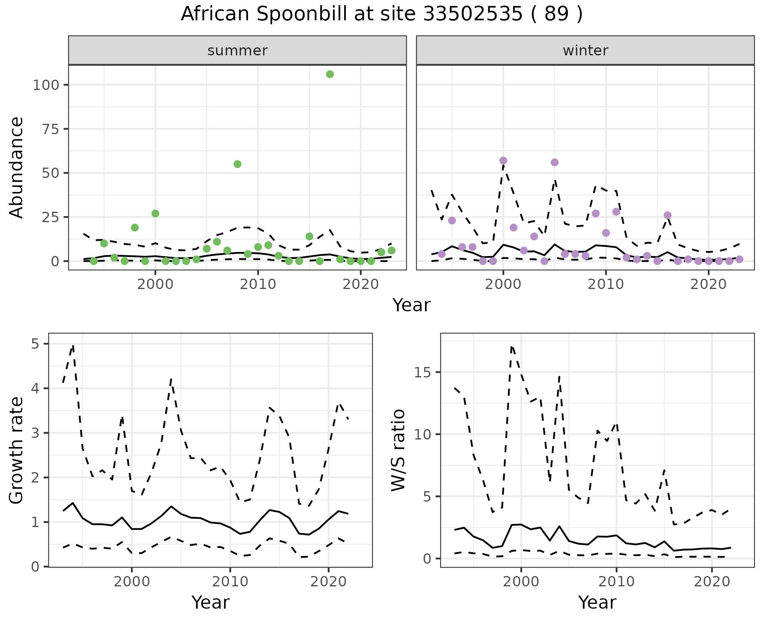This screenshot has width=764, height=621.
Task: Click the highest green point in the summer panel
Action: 329,74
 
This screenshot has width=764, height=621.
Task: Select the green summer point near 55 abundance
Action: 238,164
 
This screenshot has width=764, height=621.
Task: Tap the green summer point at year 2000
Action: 155,213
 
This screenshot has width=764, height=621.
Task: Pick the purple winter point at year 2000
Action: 503,160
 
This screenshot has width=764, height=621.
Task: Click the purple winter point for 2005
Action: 554,162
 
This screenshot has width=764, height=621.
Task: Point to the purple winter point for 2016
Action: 667,215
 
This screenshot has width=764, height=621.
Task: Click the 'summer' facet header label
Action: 238,51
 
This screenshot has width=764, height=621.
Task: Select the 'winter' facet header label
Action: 585,51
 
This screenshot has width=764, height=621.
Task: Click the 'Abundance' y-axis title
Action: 17,167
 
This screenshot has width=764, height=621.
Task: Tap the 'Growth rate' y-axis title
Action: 17,451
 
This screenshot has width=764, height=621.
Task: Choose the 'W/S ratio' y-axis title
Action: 398,450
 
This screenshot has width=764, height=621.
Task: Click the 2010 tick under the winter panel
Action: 606,285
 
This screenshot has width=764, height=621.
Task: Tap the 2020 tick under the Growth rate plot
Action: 328,582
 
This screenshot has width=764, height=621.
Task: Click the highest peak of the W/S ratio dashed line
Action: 512,347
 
